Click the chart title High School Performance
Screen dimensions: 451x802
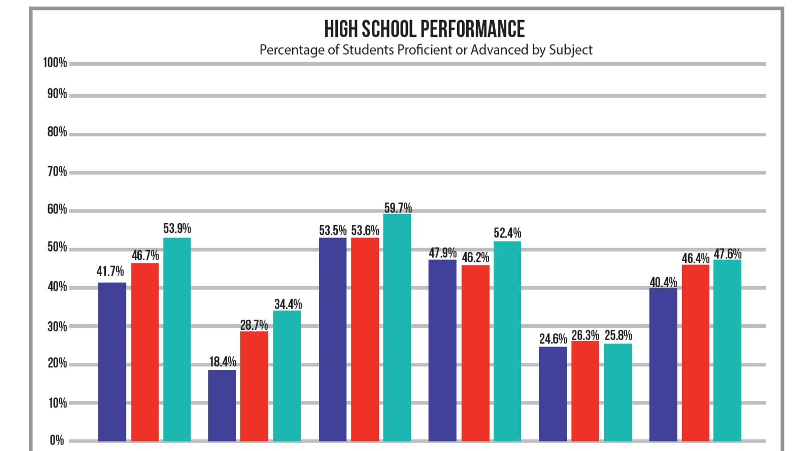click(x=424, y=29)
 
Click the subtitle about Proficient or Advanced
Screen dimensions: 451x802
click(x=426, y=50)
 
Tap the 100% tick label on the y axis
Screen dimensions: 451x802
click(x=55, y=63)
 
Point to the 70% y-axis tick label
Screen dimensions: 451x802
click(x=57, y=172)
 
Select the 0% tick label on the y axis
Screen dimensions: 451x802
click(x=57, y=440)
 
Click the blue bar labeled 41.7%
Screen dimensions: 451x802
click(x=112, y=362)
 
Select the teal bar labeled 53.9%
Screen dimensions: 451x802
click(x=177, y=339)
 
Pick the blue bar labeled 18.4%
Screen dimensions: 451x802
click(x=222, y=405)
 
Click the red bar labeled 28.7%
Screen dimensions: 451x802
click(x=254, y=386)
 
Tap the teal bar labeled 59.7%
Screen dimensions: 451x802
click(x=397, y=327)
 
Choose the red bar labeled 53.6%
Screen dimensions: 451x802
click(x=365, y=339)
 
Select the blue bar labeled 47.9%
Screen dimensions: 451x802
click(x=442, y=350)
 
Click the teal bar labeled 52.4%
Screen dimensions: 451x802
click(x=507, y=341)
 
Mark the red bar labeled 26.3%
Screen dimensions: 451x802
click(x=585, y=391)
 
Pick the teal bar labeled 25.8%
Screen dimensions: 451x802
click(x=618, y=392)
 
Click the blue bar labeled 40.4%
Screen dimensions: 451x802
click(x=663, y=364)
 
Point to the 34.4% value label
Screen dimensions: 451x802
click(x=288, y=304)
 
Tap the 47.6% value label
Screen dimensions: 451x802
click(x=727, y=254)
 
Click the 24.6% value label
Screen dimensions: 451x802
click(x=553, y=339)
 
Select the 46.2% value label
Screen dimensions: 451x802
click(x=475, y=258)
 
